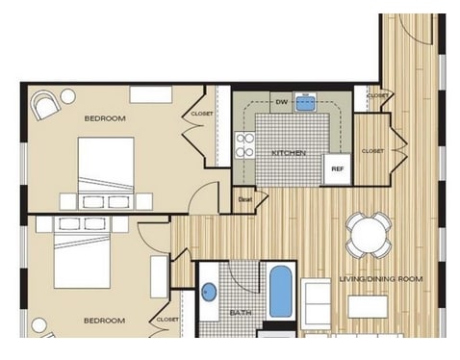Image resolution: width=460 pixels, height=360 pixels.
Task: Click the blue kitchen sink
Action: [x=307, y=102]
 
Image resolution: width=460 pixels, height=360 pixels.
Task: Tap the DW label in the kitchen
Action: [x=281, y=100]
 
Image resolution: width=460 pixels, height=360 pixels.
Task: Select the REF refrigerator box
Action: [x=337, y=168]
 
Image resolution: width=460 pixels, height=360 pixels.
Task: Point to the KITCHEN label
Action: [x=288, y=152]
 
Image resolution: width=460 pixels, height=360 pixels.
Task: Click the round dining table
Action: [x=369, y=234]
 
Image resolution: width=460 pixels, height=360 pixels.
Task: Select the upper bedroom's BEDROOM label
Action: [x=105, y=118]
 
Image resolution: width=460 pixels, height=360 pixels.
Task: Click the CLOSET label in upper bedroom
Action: [x=202, y=114]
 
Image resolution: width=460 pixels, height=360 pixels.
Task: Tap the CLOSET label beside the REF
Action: [x=372, y=151]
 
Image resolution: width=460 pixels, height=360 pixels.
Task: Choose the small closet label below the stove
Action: [x=245, y=199]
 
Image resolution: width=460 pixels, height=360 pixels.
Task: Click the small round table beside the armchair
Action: [x=68, y=95]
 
